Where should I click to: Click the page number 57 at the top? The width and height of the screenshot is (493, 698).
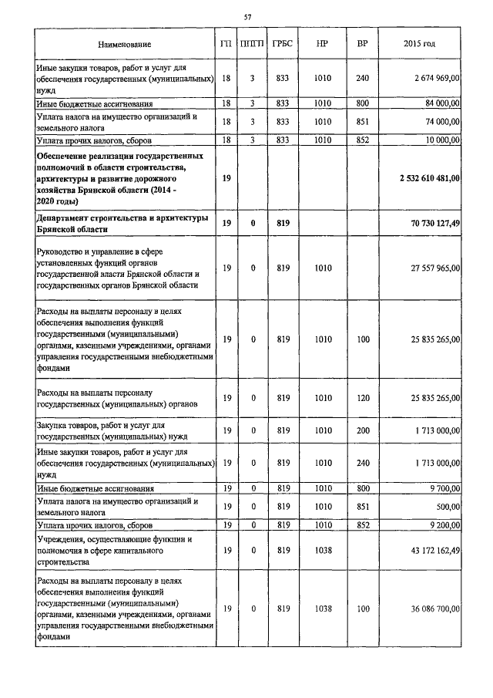[247, 16]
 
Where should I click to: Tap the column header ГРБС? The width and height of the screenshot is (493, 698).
[282, 45]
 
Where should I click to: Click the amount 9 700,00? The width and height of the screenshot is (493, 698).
[444, 488]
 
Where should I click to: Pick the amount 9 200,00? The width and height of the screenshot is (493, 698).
[444, 525]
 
